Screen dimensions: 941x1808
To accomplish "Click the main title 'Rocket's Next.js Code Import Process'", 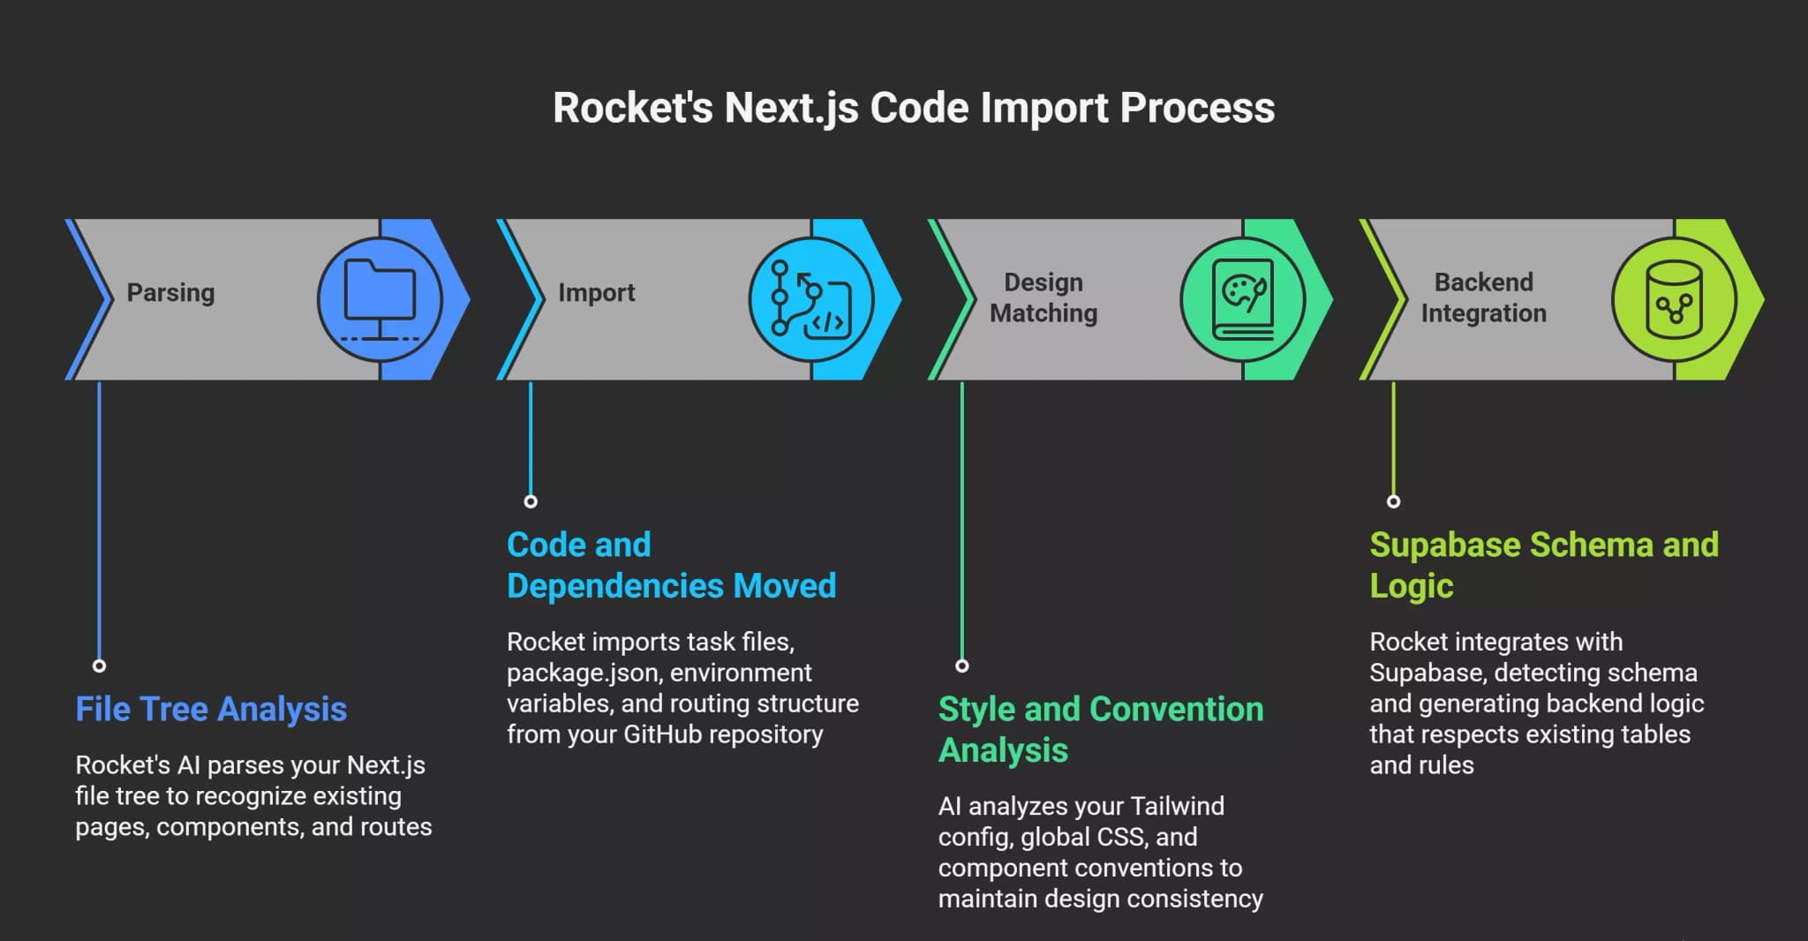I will (913, 108).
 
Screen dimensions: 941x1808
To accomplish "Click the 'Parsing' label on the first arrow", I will (170, 293).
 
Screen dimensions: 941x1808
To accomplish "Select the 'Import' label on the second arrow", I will (596, 293).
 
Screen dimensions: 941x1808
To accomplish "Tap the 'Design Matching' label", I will (1043, 297).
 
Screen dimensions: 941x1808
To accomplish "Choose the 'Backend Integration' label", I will (1483, 297).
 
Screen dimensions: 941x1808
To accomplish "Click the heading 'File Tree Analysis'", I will (211, 709).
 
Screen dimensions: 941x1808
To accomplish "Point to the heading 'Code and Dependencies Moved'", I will (671, 565).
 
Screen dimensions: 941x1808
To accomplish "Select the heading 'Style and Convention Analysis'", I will (1100, 729).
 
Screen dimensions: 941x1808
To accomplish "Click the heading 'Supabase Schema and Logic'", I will (1543, 565).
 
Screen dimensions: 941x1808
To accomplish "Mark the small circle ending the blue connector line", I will (99, 666).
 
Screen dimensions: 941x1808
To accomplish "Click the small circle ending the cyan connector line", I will (531, 501).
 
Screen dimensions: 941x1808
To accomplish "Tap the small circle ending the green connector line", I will (962, 666).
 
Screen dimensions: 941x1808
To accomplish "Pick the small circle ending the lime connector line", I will (1393, 501).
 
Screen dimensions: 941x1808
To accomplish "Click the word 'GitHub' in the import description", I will (665, 734).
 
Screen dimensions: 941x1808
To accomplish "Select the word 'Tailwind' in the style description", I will (1177, 806).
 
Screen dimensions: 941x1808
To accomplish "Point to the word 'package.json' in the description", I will (583, 673).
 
